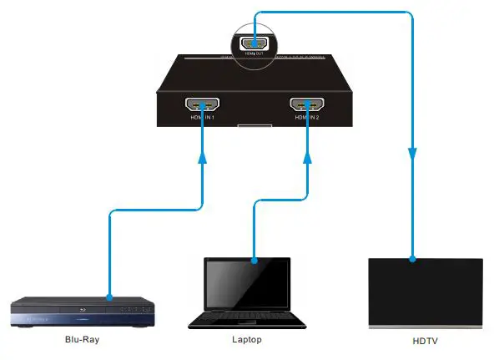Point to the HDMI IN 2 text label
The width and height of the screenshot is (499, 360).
tap(306, 117)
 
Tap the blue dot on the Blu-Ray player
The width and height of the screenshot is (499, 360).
tap(109, 297)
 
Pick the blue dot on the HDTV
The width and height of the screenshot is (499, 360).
tap(412, 258)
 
